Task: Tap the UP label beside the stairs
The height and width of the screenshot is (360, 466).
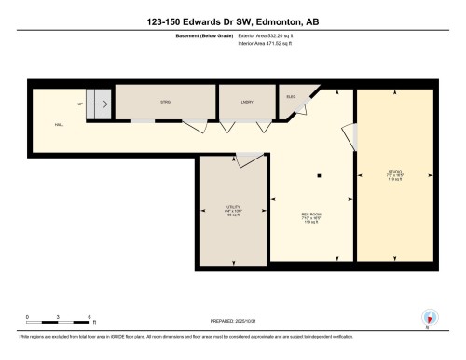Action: (80, 104)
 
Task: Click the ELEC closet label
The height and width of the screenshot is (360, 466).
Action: (291, 96)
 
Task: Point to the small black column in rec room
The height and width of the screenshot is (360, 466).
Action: (319, 174)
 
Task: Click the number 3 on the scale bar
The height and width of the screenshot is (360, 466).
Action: (59, 317)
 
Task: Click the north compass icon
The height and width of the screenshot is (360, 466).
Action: (428, 316)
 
